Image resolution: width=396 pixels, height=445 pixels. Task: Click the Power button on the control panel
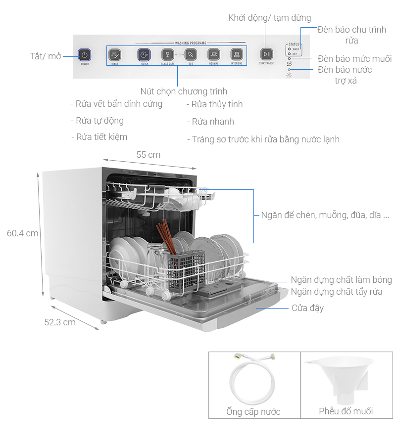85,55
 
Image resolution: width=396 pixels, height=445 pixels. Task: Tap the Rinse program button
114,55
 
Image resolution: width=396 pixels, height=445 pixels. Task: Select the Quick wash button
144,55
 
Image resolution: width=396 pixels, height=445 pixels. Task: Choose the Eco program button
191,55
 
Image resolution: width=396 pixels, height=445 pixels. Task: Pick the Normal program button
214,55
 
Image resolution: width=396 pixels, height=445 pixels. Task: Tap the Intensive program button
237,55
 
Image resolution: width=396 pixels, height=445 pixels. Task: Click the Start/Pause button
266,54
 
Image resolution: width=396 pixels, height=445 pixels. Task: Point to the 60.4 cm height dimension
22,233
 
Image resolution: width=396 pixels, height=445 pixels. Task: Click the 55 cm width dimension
148,155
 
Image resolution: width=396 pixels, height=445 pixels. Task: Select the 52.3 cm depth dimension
60,322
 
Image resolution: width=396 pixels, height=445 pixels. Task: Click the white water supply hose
251,378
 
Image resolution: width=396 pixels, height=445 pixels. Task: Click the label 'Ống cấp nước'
253,411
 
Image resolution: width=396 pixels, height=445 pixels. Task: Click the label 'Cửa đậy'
307,308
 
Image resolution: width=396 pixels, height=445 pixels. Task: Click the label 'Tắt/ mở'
46,56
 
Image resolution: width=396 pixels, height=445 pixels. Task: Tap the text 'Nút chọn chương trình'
184,91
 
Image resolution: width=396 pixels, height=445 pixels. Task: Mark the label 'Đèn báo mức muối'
354,59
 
